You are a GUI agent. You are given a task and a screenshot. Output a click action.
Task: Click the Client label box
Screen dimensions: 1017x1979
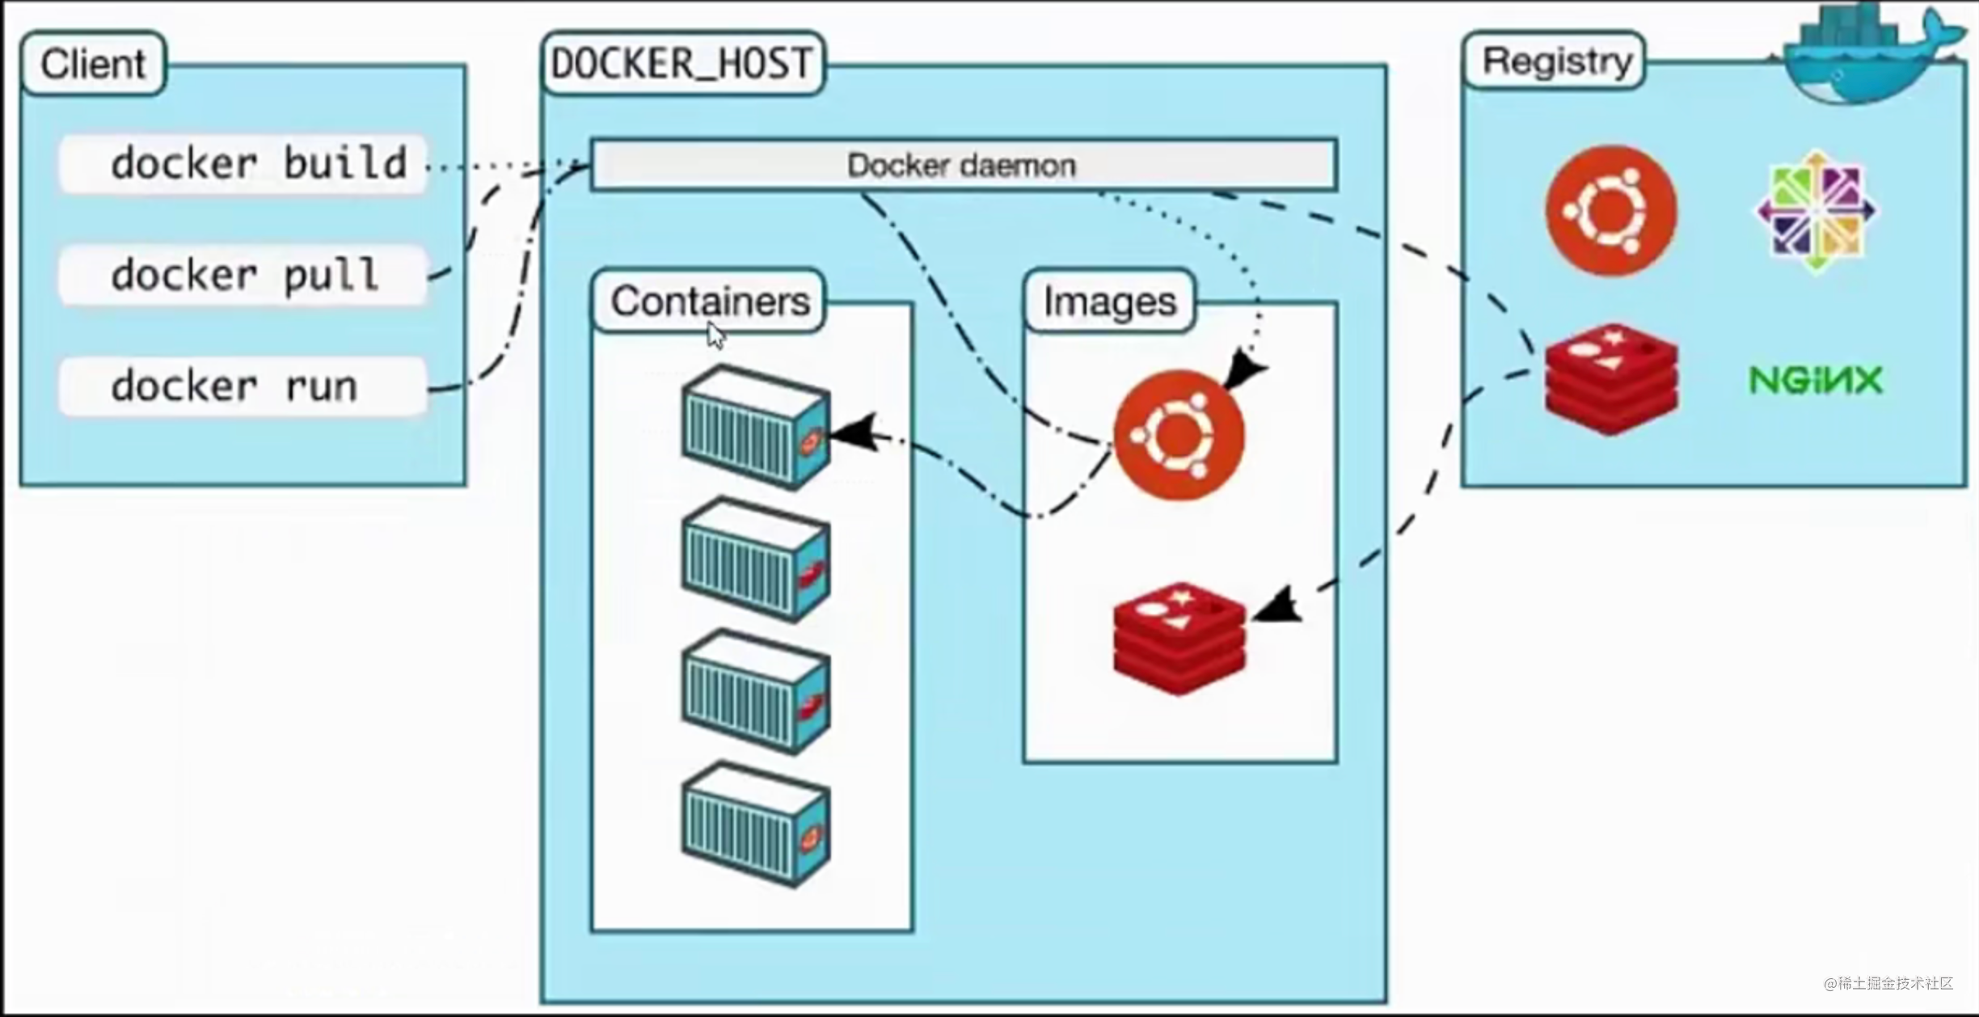pos(93,64)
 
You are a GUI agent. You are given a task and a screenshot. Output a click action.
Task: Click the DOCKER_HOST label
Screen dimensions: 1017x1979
pos(682,64)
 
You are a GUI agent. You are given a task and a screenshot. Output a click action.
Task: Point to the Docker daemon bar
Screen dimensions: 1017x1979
pos(963,166)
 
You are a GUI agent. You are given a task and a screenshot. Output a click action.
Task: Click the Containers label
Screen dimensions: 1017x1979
pos(709,302)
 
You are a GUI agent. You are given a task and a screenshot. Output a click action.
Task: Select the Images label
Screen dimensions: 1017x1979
pos(1109,302)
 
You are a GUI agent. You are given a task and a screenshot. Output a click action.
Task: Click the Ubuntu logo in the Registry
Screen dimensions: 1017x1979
pos(1611,210)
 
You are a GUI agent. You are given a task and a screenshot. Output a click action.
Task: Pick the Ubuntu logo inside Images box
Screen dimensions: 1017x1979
pos(1179,435)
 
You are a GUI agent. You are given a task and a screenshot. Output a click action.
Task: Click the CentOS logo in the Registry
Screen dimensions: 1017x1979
pos(1817,210)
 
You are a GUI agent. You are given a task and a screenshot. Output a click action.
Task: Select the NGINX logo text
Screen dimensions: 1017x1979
pos(1816,380)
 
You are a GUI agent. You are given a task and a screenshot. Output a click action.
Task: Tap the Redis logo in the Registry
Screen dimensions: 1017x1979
pos(1611,378)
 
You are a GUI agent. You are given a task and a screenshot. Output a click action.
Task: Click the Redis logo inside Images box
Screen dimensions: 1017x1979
pos(1179,638)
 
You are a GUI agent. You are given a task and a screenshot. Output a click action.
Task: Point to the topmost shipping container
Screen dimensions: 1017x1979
pos(755,427)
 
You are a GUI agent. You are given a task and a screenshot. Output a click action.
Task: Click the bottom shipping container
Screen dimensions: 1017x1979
pos(755,825)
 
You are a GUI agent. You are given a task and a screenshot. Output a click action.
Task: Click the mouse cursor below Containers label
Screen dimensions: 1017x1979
pos(715,335)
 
